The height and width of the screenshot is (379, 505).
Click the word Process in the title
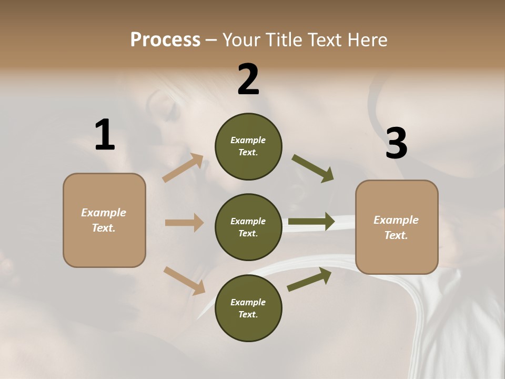point(165,39)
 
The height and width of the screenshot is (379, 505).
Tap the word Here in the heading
point(366,39)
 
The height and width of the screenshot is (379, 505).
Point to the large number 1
point(105,135)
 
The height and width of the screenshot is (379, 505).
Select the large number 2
point(248,79)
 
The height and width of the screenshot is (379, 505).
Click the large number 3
point(396,143)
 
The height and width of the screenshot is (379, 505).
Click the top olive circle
point(248,146)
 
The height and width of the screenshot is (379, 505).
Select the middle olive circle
point(248,227)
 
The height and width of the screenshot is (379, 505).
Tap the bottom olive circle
point(248,308)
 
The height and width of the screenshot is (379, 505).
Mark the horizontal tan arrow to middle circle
point(184,223)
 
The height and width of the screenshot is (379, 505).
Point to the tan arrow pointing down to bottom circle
point(184,281)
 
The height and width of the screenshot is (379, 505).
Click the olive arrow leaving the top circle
point(313,168)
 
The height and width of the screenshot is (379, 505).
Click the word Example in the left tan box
point(104,213)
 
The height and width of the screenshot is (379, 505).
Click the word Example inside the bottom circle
point(248,302)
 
